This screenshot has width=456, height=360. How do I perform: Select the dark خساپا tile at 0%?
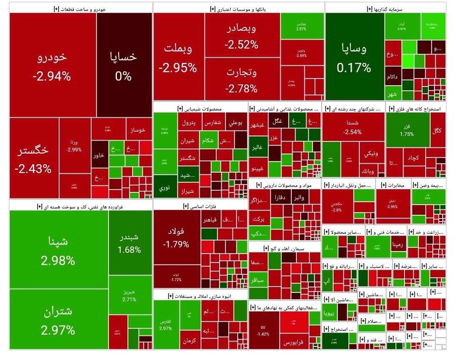tap(124, 65)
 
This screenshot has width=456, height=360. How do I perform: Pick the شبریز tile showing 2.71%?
tap(129, 295)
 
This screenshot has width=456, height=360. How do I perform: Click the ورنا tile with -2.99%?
tap(75, 145)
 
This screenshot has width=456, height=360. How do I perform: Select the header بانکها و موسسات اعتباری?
tap(239, 8)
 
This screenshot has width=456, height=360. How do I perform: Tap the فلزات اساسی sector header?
tap(200, 206)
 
